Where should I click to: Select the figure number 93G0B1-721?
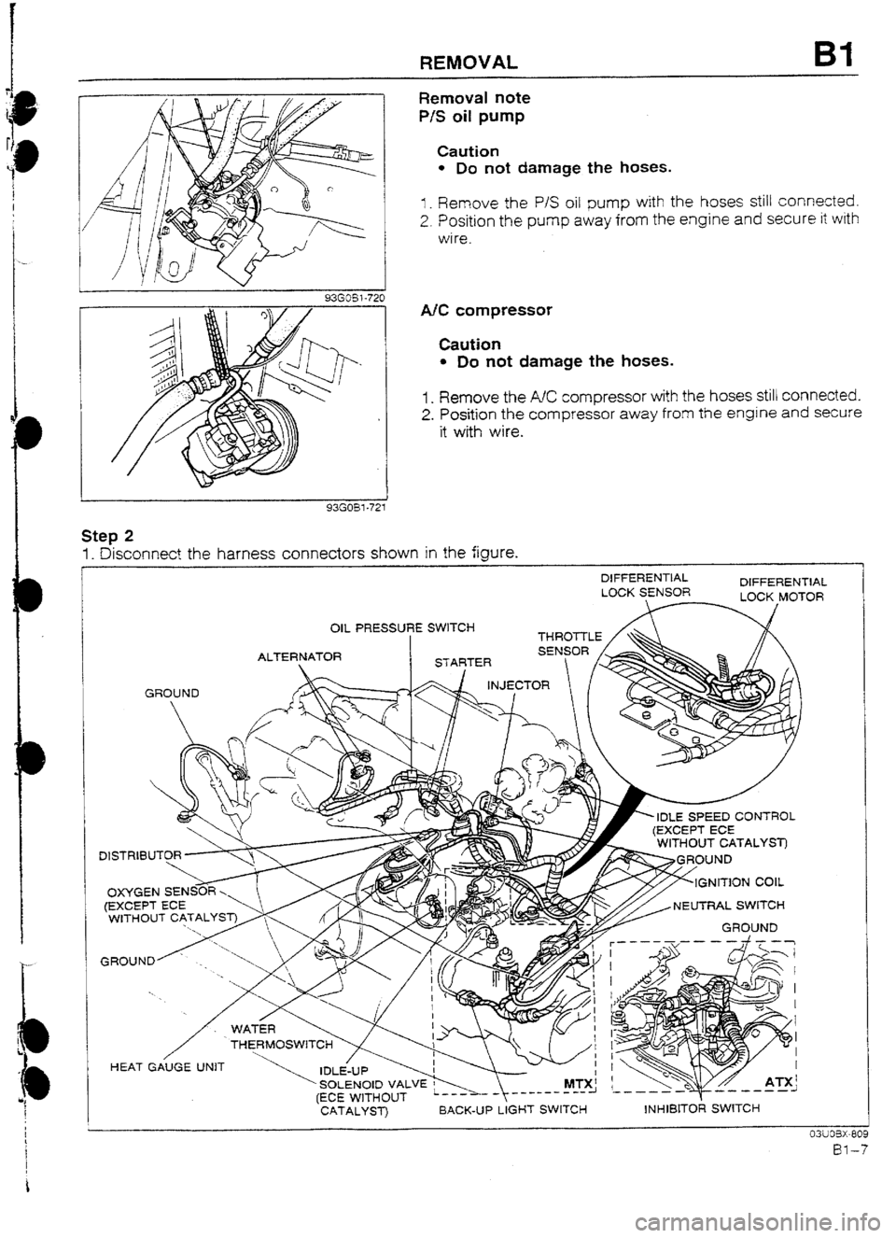pyautogui.click(x=355, y=508)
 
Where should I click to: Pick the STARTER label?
pyautogui.click(x=451, y=665)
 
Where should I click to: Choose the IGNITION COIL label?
pyautogui.click(x=742, y=879)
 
